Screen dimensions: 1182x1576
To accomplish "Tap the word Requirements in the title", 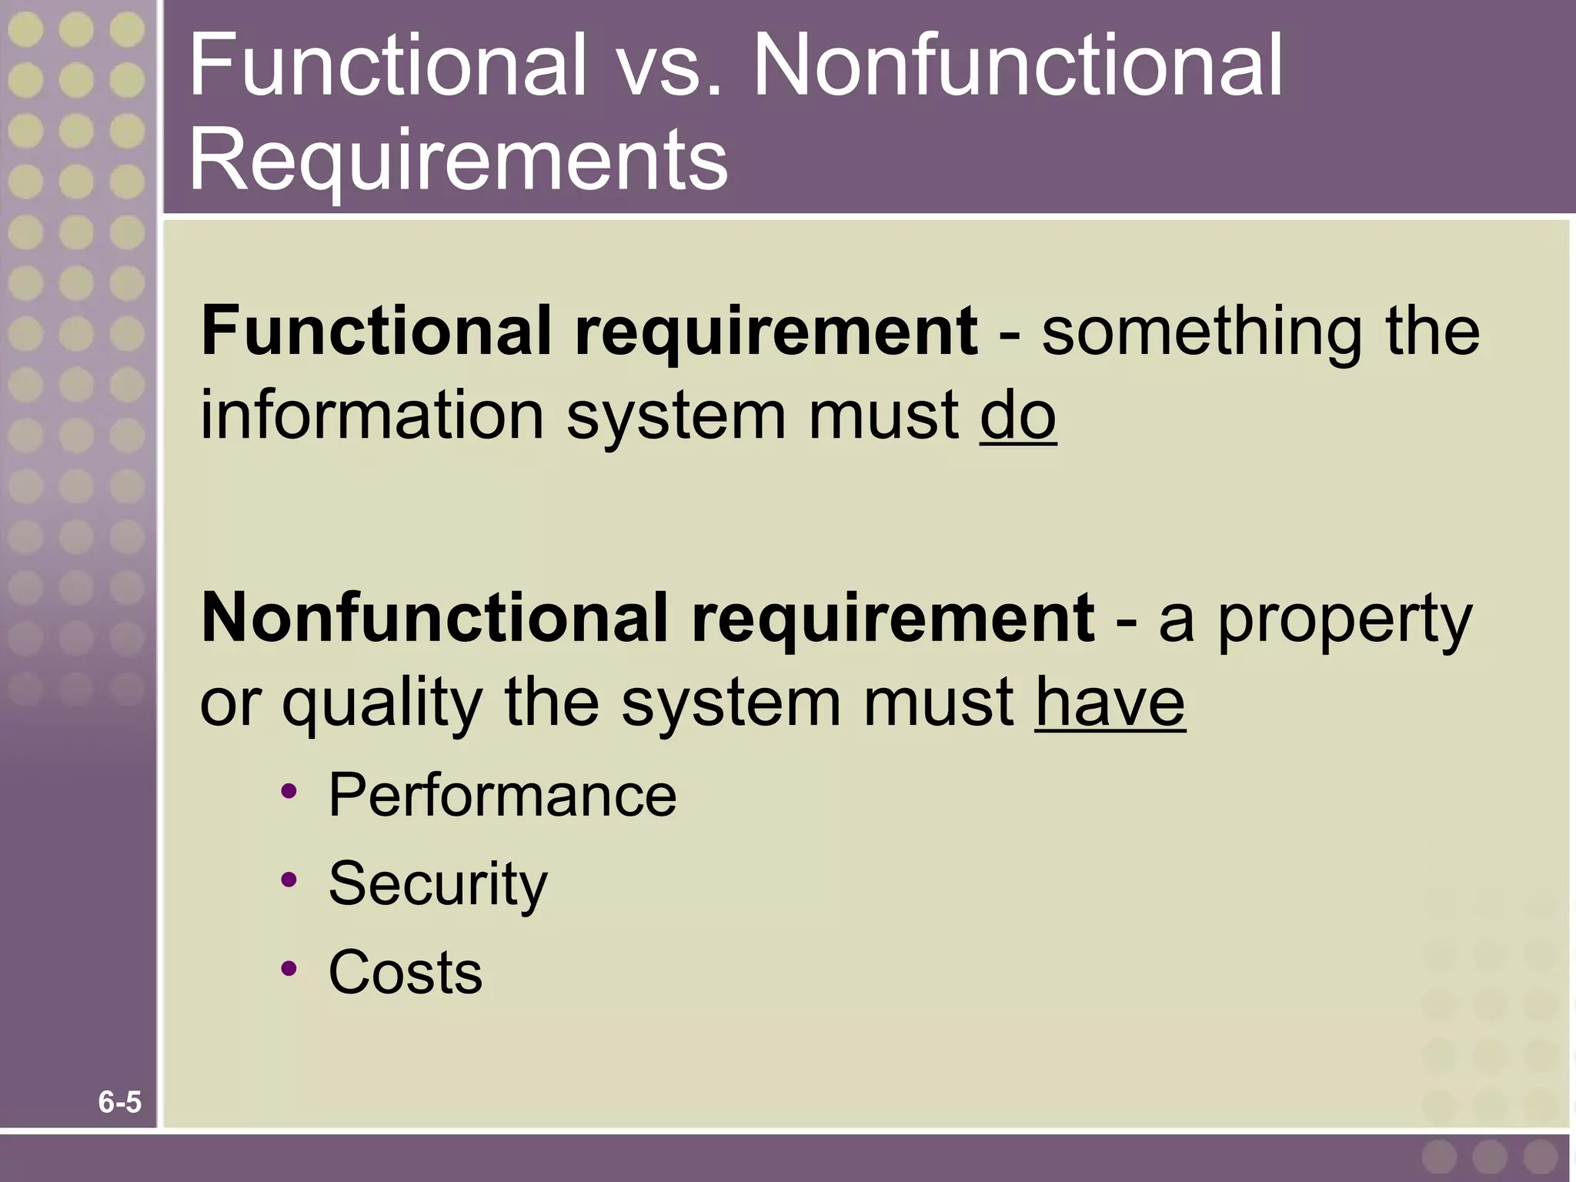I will tap(458, 160).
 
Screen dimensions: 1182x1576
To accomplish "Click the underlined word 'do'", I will tap(1017, 416).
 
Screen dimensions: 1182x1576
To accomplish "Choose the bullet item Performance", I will tap(502, 795).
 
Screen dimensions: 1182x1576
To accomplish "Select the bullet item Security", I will tap(437, 884).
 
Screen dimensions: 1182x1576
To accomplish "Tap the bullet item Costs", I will tap(405, 972).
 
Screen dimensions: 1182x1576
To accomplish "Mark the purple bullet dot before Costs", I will tap(289, 969).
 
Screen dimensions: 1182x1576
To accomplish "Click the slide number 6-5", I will tap(120, 1103).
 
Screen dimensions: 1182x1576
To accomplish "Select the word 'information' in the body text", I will tap(372, 416).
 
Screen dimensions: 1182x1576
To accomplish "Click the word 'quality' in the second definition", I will tap(382, 704).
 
